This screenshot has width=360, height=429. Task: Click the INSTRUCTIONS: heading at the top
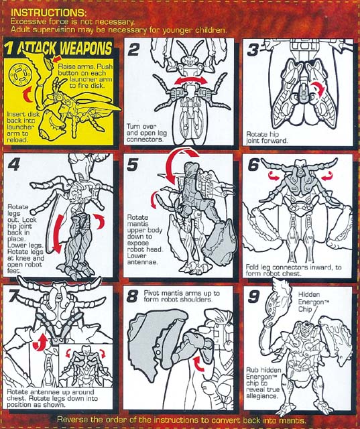(49, 13)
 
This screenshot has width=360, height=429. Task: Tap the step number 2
(134, 50)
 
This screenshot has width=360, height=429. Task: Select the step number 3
(253, 50)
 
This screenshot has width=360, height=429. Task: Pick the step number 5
(133, 165)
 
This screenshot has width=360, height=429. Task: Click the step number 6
(253, 165)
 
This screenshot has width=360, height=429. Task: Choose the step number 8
(132, 296)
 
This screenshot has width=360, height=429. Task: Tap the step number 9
(253, 297)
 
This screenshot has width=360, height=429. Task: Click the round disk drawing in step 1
(19, 74)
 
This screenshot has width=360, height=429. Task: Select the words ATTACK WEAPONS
(65, 49)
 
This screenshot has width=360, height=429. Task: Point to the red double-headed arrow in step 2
(191, 80)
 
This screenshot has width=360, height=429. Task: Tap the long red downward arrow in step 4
(57, 234)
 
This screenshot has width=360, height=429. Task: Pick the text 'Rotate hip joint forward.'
(267, 137)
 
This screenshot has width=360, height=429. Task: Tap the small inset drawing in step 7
(86, 365)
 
